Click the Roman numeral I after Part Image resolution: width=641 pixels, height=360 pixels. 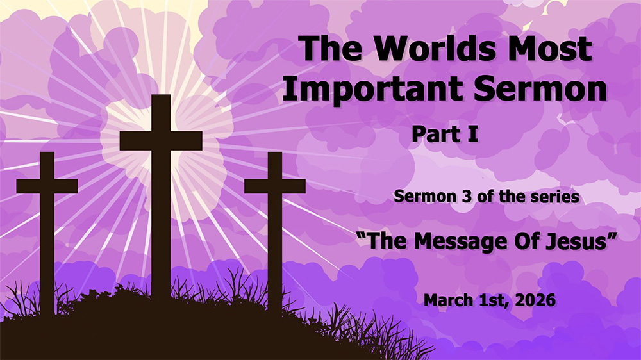(474, 135)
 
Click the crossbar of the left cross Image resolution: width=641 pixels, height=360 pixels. (47, 186)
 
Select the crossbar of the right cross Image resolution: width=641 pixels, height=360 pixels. (274, 186)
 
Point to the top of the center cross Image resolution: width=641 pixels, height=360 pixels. (161, 99)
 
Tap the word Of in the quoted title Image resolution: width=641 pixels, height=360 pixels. (524, 241)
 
